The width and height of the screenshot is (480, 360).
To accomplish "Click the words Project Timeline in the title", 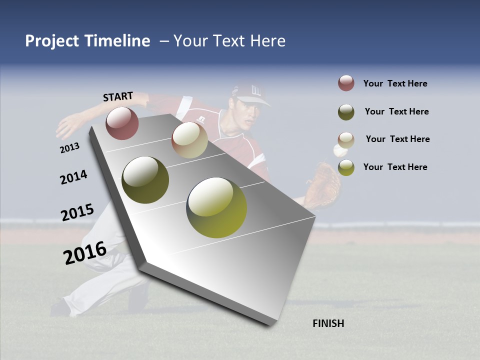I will (87, 41).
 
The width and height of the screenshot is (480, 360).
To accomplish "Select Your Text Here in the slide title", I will (229, 41).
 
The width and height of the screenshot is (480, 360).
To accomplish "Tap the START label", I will (118, 96).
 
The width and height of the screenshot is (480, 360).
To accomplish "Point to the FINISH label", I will (328, 323).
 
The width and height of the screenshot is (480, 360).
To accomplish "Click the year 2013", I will (69, 148).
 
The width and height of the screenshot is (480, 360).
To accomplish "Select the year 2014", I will (73, 177).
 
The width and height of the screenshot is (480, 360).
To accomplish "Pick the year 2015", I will (77, 212).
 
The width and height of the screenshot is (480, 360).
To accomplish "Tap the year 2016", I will (84, 252).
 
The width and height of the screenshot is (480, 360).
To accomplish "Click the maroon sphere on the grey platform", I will (122, 123).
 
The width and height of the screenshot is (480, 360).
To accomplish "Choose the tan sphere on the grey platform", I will (189, 140).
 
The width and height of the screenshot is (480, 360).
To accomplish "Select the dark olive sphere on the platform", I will (145, 180).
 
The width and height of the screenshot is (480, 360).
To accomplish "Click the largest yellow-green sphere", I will (216, 207).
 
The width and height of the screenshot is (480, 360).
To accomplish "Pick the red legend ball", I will (346, 83).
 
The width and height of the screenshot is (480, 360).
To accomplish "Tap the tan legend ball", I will (346, 139).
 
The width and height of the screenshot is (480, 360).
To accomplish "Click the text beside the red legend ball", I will (395, 83).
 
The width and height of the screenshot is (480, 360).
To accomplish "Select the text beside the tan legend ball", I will (397, 139).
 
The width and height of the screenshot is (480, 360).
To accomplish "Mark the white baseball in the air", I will (339, 150).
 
